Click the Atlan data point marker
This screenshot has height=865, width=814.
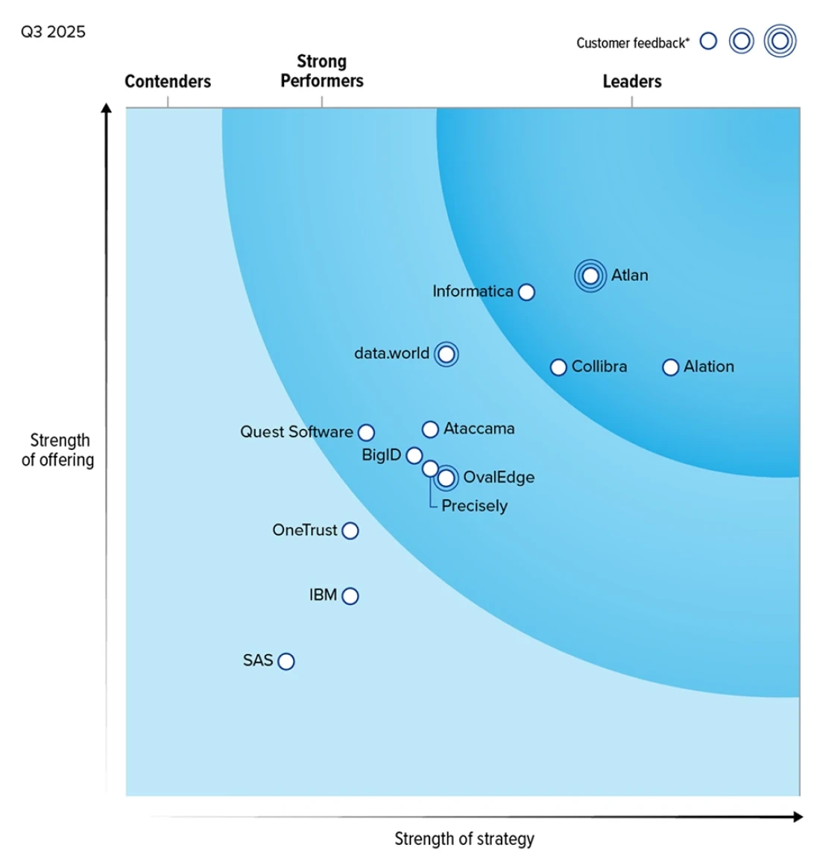[x=590, y=276]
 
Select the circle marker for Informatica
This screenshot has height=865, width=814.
[x=526, y=292]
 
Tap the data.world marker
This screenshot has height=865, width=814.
[x=447, y=354]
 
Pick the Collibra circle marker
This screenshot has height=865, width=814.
[x=558, y=367]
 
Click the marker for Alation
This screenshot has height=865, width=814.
[x=671, y=367]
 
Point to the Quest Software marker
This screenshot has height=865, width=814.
[x=366, y=432]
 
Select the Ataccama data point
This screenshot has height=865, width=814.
[x=430, y=429]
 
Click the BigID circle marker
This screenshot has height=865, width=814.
[x=414, y=455]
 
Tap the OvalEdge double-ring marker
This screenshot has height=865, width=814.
[x=447, y=478]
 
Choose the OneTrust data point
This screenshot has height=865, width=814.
[x=350, y=530]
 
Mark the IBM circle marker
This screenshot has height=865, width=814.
[x=350, y=596]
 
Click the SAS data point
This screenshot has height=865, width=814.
[x=286, y=662]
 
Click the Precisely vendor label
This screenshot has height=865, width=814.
[x=474, y=506]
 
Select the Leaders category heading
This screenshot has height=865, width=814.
[x=632, y=81]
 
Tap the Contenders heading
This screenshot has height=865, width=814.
[x=168, y=81]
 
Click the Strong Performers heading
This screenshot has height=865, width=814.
[x=322, y=71]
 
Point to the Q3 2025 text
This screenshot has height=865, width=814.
[x=53, y=32]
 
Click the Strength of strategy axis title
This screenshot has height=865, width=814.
[x=464, y=839]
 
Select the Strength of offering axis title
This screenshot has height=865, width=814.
[x=58, y=450]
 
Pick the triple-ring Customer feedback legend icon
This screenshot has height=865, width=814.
[x=780, y=42]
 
